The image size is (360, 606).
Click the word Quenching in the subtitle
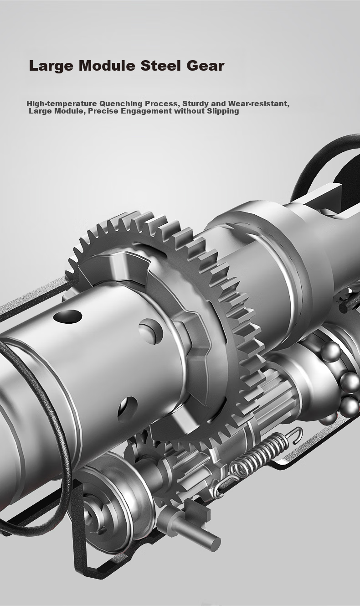pyautogui.click(x=121, y=104)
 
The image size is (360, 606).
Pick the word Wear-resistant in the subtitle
pyautogui.click(x=259, y=104)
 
